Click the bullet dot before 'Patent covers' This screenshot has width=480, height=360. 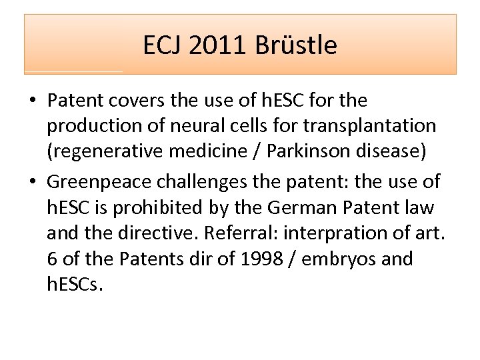click(33, 101)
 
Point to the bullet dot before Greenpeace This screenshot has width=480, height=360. click(33, 181)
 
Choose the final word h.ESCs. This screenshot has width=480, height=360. click(75, 285)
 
